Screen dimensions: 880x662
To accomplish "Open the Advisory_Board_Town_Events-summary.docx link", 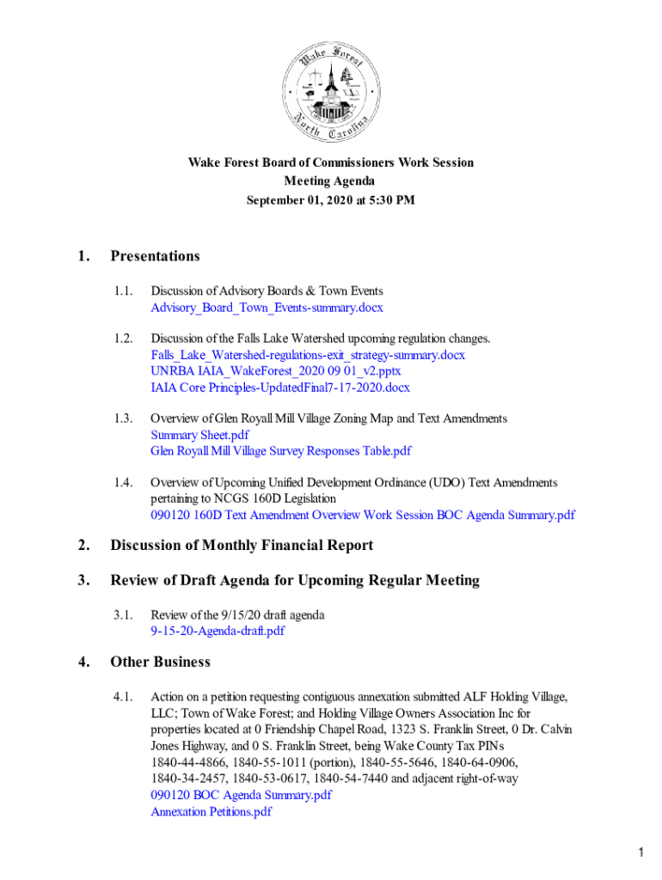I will point(267,308).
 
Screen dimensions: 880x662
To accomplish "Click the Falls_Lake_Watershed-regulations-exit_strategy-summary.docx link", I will point(308,355).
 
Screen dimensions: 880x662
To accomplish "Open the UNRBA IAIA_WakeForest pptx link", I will point(276,371).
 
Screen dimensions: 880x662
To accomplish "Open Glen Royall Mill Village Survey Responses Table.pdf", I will point(281,451).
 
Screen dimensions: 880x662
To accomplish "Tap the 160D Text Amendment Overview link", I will point(363,516).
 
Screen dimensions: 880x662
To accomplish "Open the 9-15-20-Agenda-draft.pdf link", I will point(218,631).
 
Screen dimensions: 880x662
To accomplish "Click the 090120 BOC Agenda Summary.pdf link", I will point(241,795).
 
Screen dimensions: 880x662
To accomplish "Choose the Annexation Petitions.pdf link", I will point(211,811).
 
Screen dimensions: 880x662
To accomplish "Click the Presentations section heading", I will point(155,256).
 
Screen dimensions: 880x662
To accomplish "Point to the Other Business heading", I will point(160,662).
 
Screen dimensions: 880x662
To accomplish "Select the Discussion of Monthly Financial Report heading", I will point(242,545).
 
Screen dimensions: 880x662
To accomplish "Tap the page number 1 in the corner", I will point(641,852).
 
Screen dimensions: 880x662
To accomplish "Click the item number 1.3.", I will point(124,419).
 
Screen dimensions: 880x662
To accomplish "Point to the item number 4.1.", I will point(124,697).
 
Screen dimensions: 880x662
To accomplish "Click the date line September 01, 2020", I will point(330,200).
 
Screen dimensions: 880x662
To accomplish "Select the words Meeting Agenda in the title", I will point(330,181).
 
